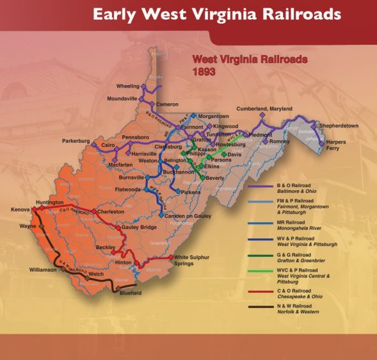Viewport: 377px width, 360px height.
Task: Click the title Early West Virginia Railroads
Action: point(216,13)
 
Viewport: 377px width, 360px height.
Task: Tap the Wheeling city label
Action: point(127,86)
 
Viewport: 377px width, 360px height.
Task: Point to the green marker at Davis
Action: point(224,155)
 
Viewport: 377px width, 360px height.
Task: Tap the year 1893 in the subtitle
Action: point(204,72)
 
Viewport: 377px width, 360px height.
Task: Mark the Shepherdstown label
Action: point(346,126)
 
